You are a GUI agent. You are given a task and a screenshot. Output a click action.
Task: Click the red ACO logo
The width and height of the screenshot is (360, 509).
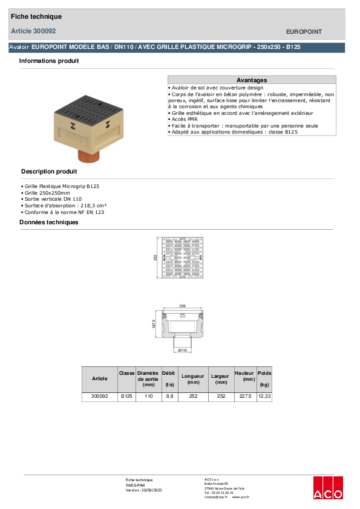328,488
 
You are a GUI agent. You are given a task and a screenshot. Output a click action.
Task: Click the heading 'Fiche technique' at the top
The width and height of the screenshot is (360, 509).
36,16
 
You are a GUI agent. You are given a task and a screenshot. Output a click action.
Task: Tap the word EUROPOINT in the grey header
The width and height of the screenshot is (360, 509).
304,31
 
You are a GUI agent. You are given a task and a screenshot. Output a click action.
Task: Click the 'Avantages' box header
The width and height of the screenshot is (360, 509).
252,80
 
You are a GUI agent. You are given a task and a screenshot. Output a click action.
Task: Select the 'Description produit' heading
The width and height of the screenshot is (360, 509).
49,172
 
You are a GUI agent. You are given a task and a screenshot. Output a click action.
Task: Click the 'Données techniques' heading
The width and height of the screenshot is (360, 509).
49,222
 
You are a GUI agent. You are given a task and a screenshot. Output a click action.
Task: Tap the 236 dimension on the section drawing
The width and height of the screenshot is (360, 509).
183,306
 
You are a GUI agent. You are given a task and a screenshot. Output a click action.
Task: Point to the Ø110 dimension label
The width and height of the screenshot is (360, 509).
183,350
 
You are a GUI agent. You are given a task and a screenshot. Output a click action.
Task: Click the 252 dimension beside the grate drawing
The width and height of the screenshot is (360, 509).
155,258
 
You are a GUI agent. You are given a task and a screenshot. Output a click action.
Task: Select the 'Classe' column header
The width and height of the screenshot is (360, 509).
127,374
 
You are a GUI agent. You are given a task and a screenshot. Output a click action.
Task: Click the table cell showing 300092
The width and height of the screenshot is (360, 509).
99,397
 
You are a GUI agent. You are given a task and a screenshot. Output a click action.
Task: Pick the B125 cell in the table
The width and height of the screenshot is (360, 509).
126,397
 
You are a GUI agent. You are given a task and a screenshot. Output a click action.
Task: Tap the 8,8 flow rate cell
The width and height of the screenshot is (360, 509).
169,397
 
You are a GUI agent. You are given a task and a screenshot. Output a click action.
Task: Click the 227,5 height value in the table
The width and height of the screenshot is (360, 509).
244,397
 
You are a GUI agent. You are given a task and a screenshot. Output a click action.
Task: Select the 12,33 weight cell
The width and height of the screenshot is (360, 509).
264,397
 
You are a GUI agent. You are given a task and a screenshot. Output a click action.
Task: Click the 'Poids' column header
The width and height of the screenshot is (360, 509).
264,374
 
